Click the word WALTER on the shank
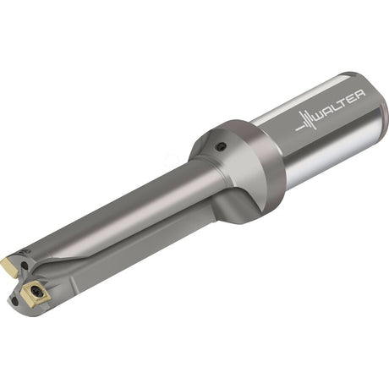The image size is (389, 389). coord(339,105)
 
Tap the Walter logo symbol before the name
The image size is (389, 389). coord(305,120)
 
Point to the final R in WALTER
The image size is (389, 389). coord(360,95)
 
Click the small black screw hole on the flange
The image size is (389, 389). coord(220,147)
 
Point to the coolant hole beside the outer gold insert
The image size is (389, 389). coord(25,266)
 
